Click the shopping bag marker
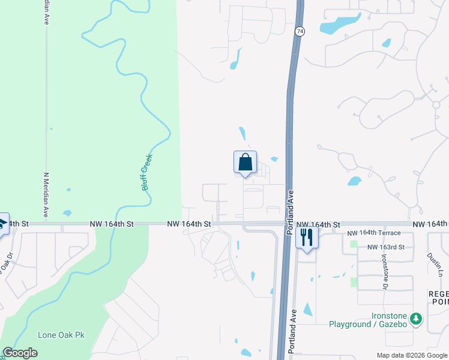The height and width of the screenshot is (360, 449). tap(245, 162)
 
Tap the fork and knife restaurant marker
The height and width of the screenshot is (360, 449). tap(307, 238)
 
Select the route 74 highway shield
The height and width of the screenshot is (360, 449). tap(298, 31)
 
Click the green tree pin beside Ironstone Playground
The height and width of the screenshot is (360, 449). tap(415, 320)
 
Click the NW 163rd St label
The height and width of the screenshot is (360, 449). tap(386, 247)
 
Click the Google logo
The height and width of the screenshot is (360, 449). tap(20, 353)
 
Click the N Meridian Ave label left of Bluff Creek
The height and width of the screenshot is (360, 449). tap(46, 195)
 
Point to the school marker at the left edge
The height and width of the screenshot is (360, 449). tap(2, 223)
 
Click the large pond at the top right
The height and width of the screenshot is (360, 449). tap(336, 25)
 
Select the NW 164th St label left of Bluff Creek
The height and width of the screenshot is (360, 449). tap(111, 223)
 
